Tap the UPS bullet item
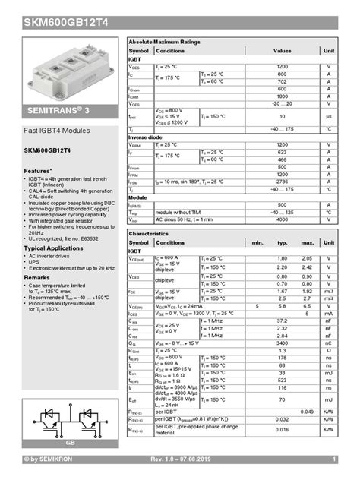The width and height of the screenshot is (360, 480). click(x=35, y=262)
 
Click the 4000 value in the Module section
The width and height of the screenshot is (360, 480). click(x=282, y=219)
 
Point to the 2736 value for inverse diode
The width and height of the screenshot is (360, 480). click(x=282, y=182)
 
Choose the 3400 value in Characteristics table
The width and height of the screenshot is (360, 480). click(x=282, y=343)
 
